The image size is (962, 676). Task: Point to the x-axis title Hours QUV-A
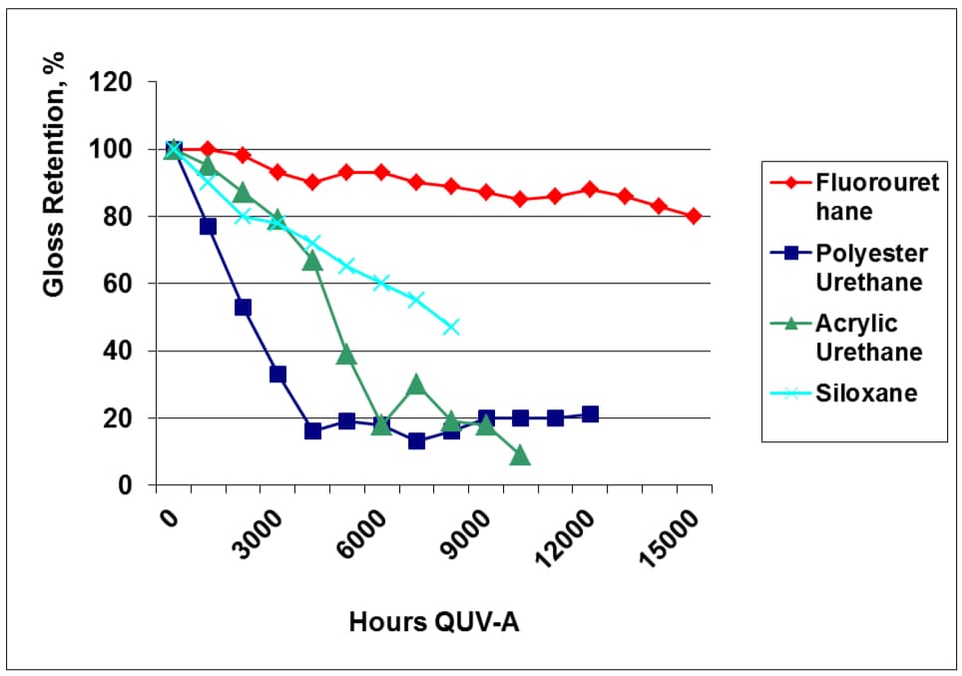[434, 622]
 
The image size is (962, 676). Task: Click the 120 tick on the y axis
[112, 82]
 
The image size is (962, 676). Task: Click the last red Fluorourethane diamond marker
[694, 216]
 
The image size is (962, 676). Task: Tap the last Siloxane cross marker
[451, 327]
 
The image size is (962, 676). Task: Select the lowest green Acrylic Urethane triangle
[520, 455]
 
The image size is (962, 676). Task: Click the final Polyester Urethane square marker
[590, 414]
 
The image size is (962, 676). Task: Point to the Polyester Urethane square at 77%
[208, 227]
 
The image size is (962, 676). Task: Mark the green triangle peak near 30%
[416, 384]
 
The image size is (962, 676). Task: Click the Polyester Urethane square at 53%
[242, 308]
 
